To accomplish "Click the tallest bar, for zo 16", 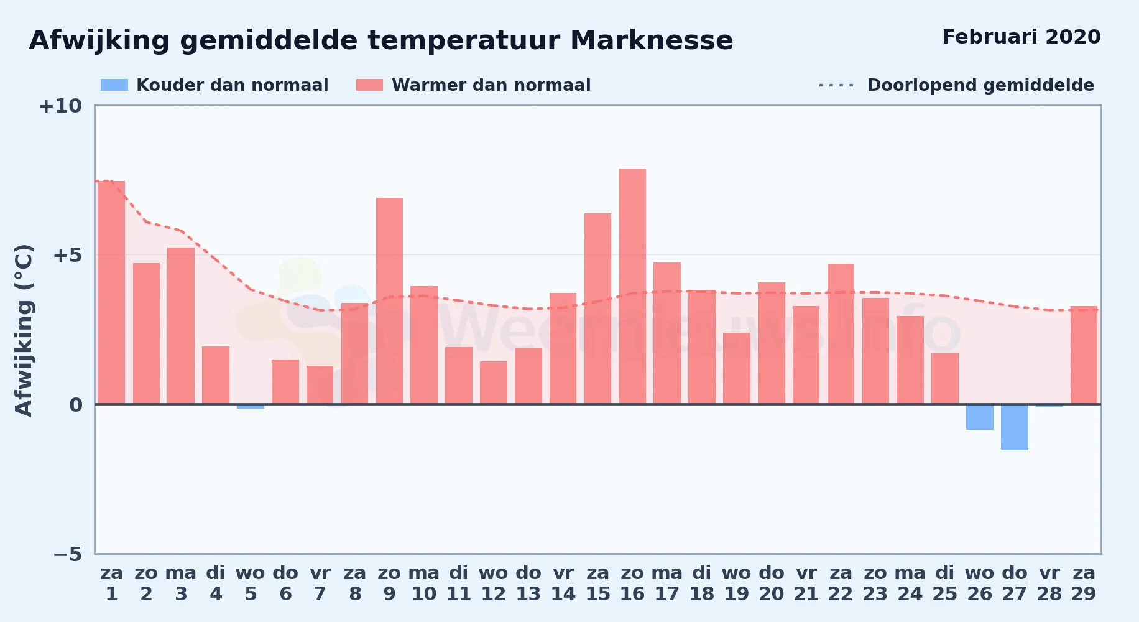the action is [632, 286].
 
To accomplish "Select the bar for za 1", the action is [111, 292].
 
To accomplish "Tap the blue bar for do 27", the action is [1014, 427].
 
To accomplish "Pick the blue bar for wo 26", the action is [979, 417].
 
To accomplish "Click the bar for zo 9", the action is [389, 301].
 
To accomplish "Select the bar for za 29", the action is [1084, 355].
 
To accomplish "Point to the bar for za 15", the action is [597, 309].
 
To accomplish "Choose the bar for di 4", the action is [216, 375].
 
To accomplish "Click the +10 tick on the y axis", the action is [60, 106].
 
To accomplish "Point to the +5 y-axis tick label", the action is [67, 255].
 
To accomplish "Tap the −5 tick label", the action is [68, 554].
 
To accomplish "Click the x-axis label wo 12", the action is [494, 583].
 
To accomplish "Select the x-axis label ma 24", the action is [910, 583].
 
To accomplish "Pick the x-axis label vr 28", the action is [1049, 583].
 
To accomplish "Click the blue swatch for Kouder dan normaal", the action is [114, 85].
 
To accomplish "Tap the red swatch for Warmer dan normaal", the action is [370, 85].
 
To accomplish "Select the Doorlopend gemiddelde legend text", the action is [980, 85].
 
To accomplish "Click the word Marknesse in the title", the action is [652, 40].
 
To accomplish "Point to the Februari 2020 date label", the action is [1021, 37].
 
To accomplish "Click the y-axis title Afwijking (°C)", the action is [24, 330].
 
